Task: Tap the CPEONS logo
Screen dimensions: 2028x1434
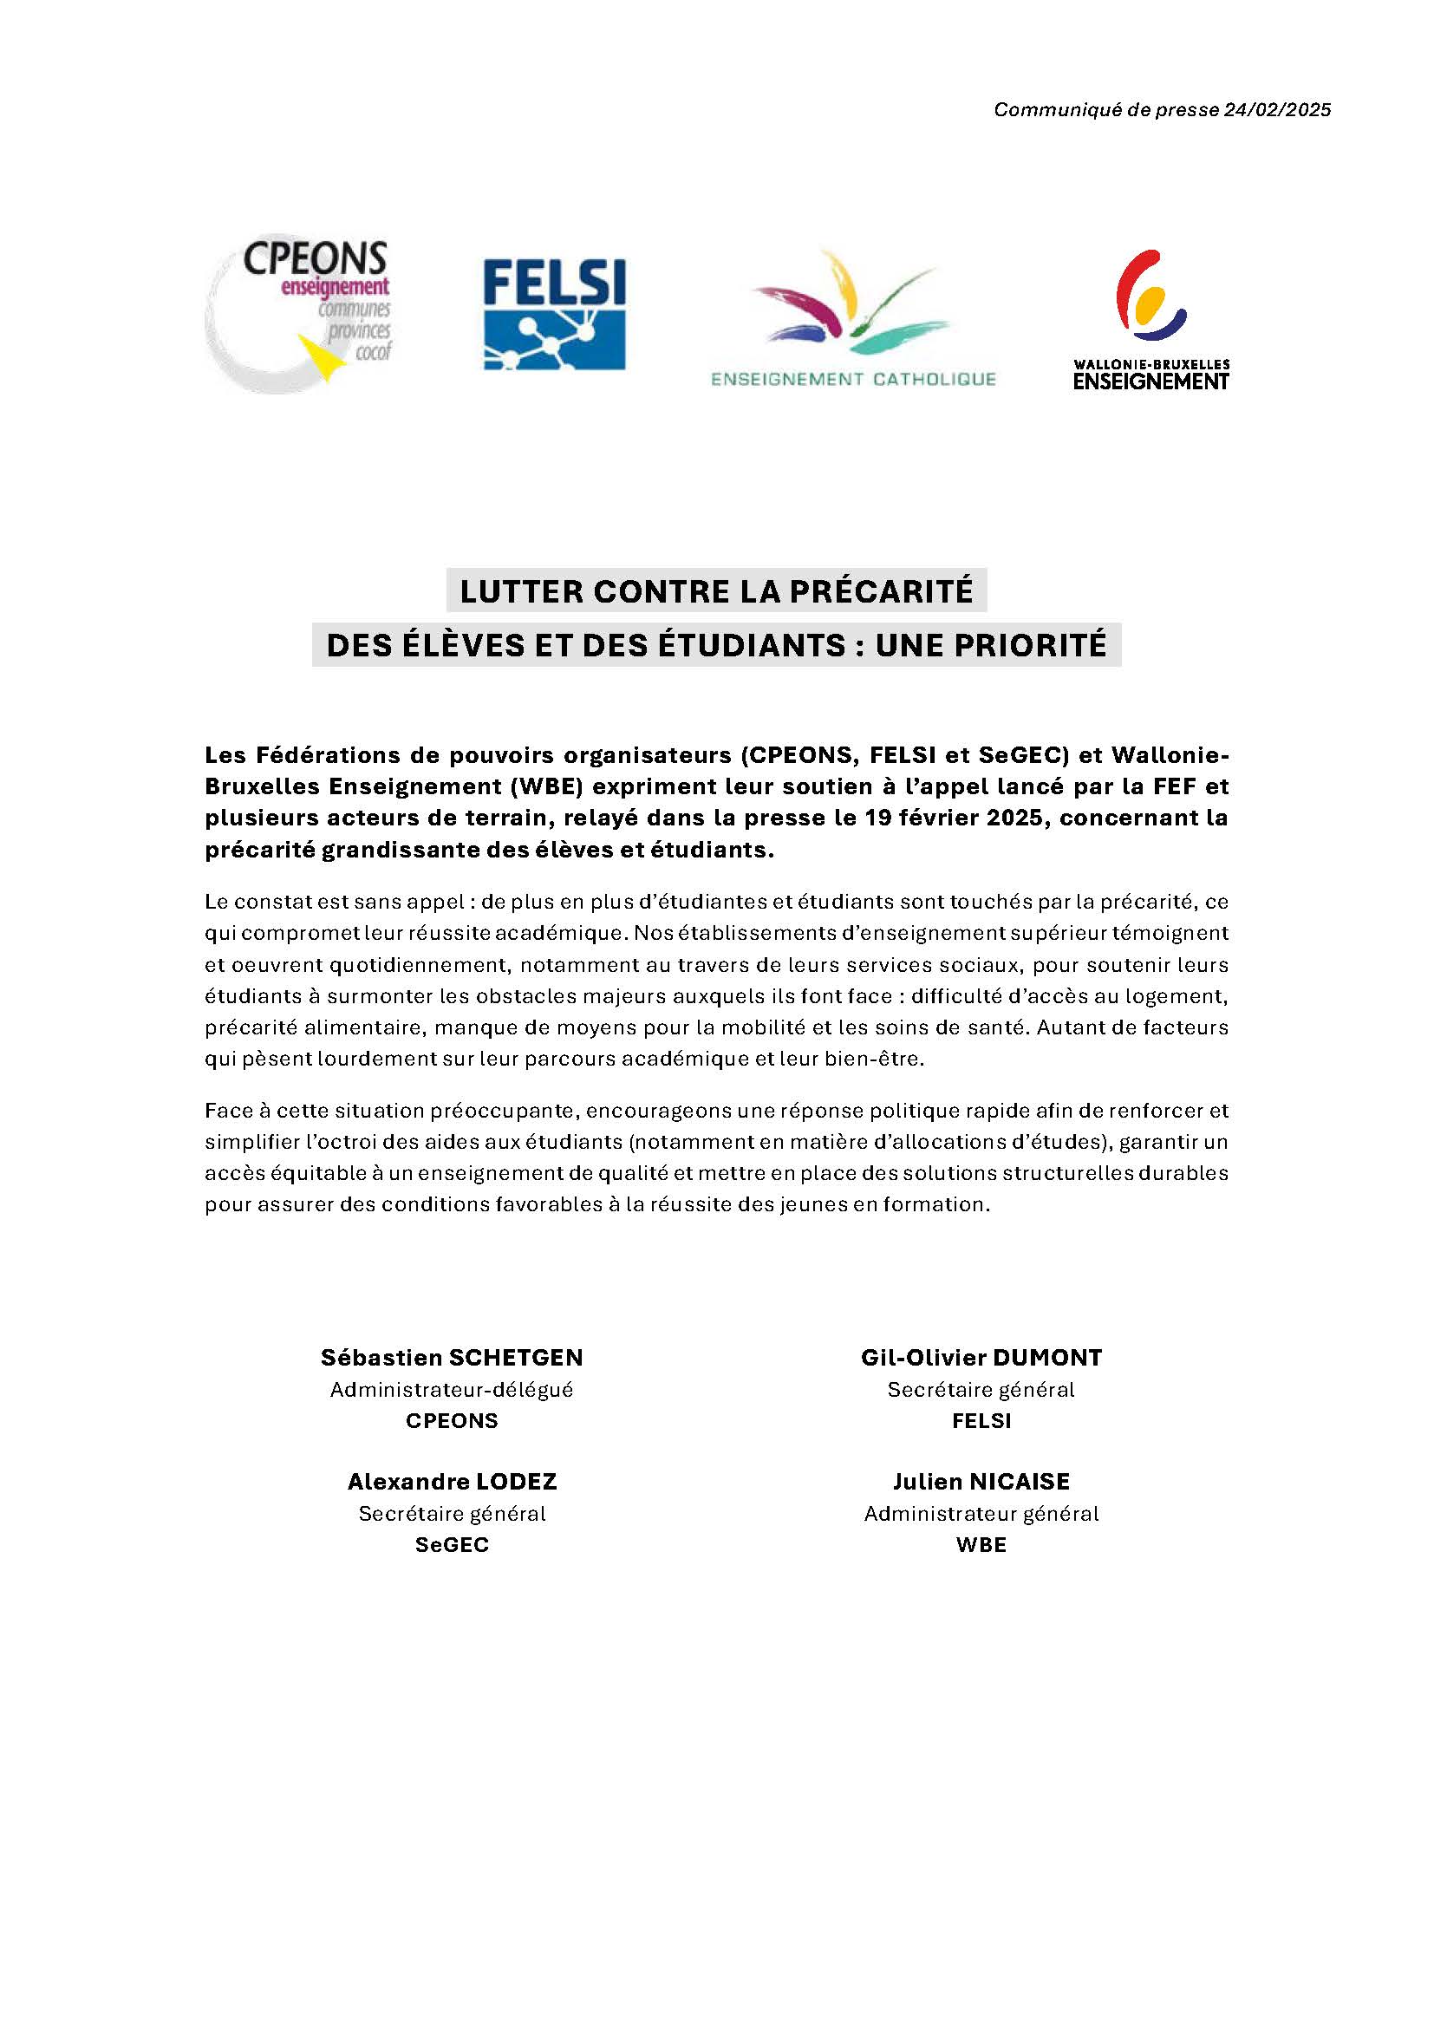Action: click(x=300, y=316)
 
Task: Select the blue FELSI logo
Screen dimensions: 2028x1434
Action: click(x=555, y=314)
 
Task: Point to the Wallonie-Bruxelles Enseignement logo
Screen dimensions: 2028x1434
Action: click(x=1150, y=320)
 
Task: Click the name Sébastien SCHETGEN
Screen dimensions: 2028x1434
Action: click(x=451, y=1358)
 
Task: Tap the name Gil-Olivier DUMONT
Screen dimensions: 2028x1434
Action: click(x=981, y=1358)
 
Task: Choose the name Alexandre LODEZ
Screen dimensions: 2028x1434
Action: click(x=451, y=1481)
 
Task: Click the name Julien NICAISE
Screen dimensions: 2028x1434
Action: click(x=981, y=1481)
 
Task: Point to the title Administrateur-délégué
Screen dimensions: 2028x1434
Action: click(x=451, y=1389)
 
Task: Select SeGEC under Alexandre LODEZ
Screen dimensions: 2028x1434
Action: click(x=451, y=1545)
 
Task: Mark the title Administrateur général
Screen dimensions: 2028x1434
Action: click(x=981, y=1513)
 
